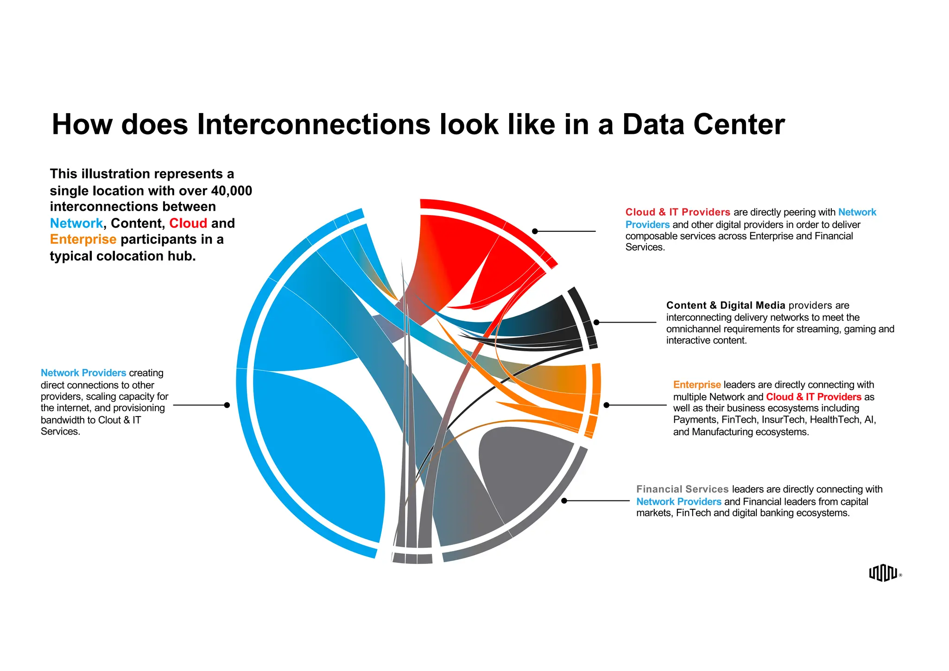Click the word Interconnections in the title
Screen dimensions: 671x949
pyautogui.click(x=314, y=125)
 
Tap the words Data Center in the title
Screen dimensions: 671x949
pyautogui.click(x=703, y=125)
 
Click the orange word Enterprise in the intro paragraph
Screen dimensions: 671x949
pyautogui.click(x=83, y=239)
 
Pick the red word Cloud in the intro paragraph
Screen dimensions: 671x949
pyautogui.click(x=188, y=223)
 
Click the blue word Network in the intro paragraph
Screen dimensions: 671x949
pyautogui.click(x=76, y=223)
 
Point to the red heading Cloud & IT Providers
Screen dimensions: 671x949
pyautogui.click(x=677, y=212)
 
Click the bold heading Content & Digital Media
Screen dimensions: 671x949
pyautogui.click(x=725, y=305)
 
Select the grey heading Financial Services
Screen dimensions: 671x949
pyautogui.click(x=682, y=489)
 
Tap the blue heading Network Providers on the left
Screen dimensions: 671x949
pyautogui.click(x=83, y=373)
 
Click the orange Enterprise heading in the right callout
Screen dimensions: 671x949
pyautogui.click(x=696, y=385)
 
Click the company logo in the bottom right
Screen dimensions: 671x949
pyautogui.click(x=883, y=573)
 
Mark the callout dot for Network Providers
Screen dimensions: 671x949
pyautogui.click(x=227, y=405)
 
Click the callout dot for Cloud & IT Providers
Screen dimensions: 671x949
pyautogui.click(x=535, y=231)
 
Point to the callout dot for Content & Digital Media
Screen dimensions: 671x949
pyautogui.click(x=596, y=322)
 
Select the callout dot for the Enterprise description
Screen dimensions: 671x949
pyautogui.click(x=606, y=405)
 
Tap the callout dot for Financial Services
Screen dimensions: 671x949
pyautogui.click(x=564, y=500)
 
